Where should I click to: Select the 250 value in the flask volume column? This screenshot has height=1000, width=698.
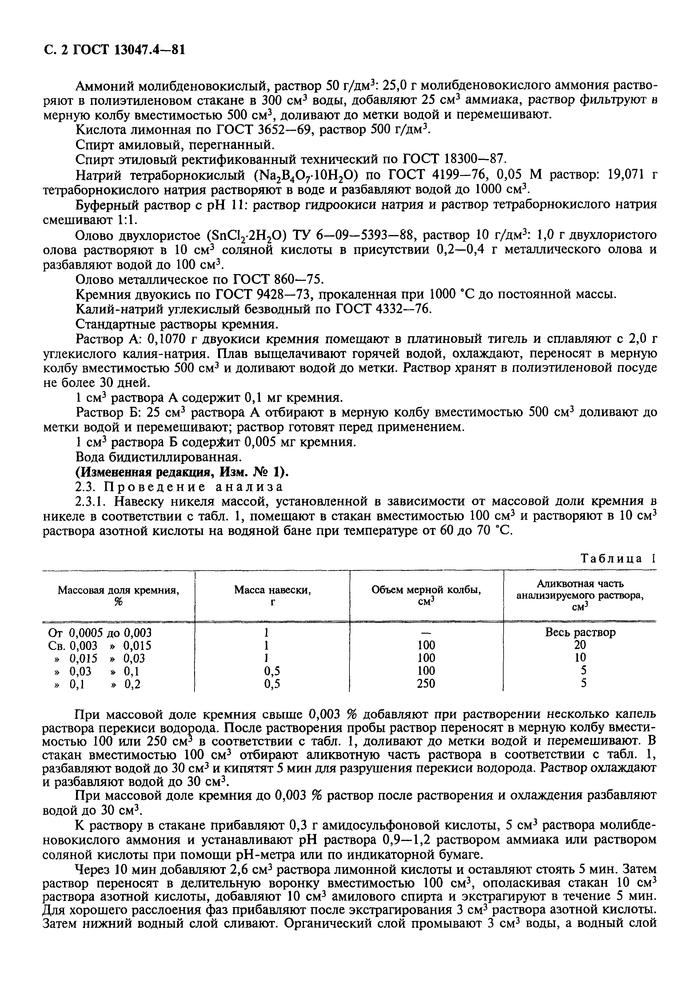426,684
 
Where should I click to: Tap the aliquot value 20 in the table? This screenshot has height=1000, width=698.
580,645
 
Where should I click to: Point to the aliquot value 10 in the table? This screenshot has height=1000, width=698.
580,658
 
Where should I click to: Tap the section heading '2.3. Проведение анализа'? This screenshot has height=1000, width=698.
179,487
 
